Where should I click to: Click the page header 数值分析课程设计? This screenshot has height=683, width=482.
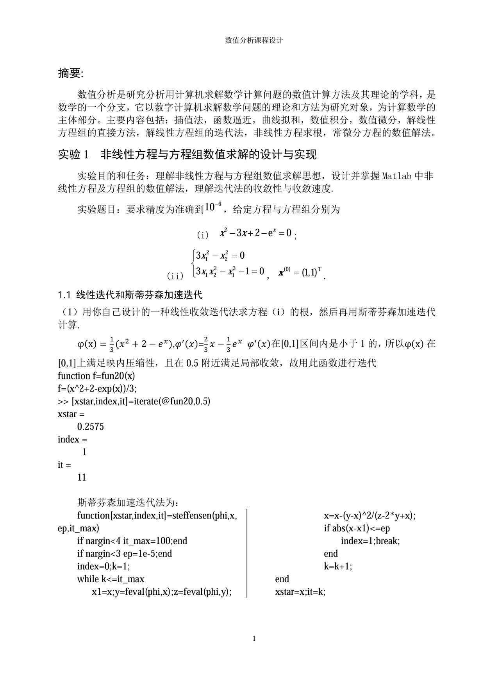(x=254, y=40)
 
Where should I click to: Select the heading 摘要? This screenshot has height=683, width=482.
(x=71, y=73)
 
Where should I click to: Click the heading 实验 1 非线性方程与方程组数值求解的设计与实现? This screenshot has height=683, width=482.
(x=187, y=155)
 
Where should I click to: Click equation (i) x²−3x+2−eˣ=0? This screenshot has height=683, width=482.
(x=255, y=233)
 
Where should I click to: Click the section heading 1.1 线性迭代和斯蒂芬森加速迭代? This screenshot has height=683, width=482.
(x=130, y=294)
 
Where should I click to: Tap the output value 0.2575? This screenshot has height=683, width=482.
(x=91, y=427)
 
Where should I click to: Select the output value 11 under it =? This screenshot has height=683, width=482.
(x=82, y=477)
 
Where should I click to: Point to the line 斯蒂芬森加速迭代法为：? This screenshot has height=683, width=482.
(x=129, y=502)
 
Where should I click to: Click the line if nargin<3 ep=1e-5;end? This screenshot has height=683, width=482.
(x=125, y=554)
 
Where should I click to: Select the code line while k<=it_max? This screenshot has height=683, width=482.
(x=111, y=579)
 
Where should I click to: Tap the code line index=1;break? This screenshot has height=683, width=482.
(x=370, y=541)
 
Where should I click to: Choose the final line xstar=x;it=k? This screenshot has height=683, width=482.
(x=300, y=592)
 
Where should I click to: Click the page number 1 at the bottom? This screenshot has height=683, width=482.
(x=254, y=639)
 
